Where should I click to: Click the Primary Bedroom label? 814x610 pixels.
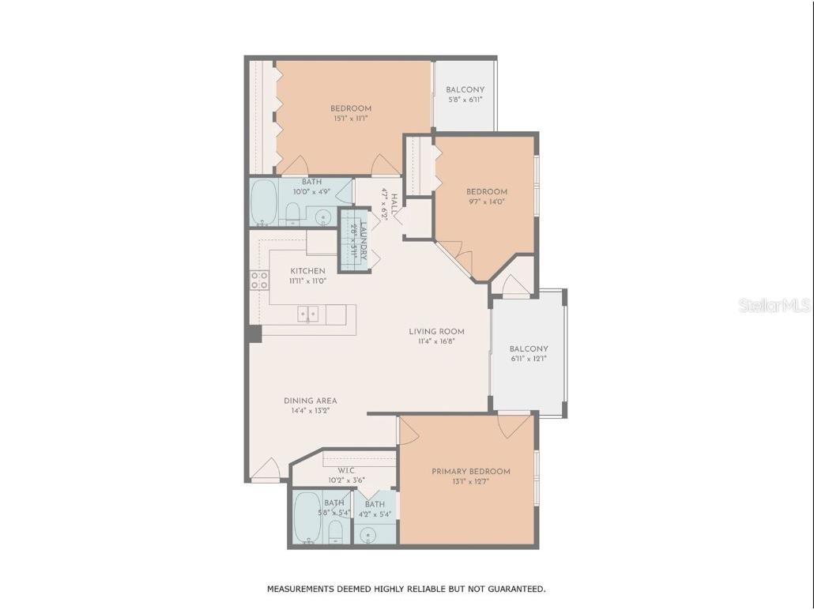coord(470,471)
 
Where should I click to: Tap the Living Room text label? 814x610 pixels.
coord(436,331)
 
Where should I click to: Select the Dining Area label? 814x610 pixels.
coord(310,401)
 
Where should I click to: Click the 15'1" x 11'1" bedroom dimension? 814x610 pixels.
coord(350,119)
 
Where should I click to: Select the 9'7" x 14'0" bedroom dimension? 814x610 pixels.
coord(486,201)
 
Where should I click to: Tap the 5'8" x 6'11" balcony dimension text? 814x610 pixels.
coord(465,100)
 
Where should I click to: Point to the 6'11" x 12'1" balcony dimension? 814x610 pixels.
coord(529,359)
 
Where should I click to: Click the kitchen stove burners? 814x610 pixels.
coord(260,281)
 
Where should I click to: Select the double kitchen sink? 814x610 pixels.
coord(308,314)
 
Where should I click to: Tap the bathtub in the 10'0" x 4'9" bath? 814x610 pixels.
coord(264,202)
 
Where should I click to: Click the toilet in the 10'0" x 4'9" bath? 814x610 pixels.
coord(292,212)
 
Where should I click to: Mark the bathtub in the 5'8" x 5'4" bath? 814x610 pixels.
coord(307,518)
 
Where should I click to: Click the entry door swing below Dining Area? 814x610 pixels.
coord(266,469)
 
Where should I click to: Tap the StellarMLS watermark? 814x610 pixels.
coord(774,305)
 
